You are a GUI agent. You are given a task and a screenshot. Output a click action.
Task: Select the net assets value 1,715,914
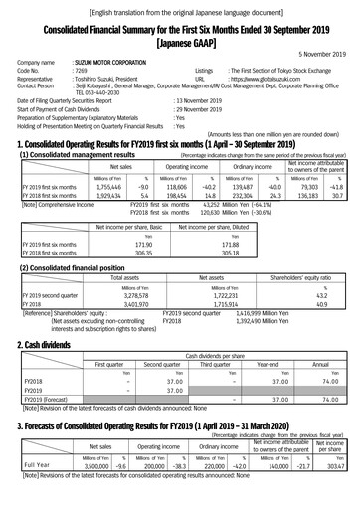[219, 335]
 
